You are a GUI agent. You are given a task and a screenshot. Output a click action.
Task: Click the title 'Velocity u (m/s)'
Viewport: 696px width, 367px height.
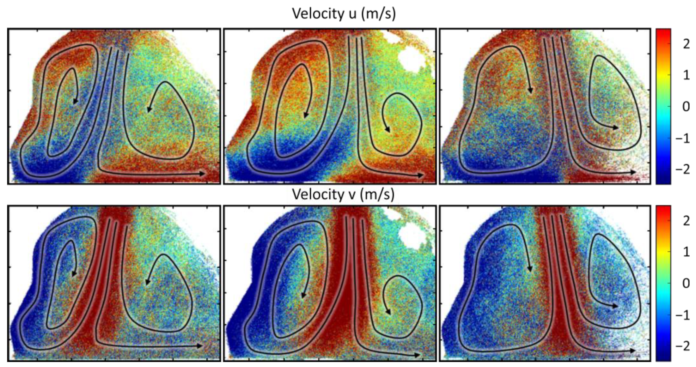[344, 13]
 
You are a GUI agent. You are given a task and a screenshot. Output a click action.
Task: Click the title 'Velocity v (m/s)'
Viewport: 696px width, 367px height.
[343, 194]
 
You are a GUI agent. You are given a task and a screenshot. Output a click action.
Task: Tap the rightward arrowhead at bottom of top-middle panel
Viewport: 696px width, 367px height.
[420, 175]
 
